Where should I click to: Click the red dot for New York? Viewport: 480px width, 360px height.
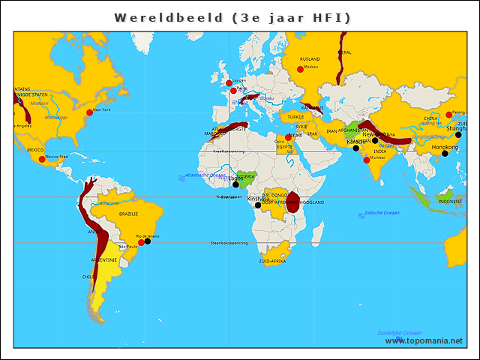coord(89,112)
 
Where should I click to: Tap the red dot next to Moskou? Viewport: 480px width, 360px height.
coord(301,69)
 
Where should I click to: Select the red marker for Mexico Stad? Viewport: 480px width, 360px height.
coord(42,159)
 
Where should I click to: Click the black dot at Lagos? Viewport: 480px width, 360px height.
coord(235,184)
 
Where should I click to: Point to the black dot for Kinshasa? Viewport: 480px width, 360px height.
coord(258,205)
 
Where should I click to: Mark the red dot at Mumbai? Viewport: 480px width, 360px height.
coord(366,160)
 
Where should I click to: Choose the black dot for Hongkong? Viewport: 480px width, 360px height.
coord(445,154)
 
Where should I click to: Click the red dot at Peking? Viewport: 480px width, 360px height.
coord(448,114)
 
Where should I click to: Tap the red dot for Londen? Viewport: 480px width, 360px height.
coord(229,82)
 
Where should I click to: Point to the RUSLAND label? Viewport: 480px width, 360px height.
coord(310,58)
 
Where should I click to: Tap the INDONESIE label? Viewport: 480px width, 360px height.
coord(450,201)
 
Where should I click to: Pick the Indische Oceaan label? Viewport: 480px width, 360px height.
coord(382,213)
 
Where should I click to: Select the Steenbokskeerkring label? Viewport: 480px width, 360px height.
coord(229,242)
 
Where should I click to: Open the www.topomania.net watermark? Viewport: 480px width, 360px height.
coord(424,340)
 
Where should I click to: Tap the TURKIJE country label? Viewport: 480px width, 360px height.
coord(296,117)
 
